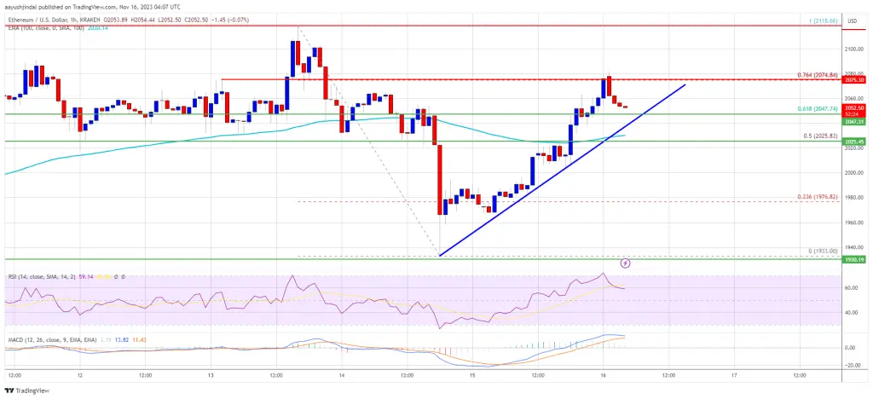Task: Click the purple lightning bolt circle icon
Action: point(626,263)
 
